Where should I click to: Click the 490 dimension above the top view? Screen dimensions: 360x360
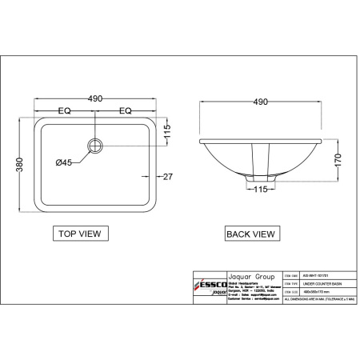click(x=95, y=98)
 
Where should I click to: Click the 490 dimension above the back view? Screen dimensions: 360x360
click(x=259, y=102)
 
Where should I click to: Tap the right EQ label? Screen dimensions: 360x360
click(x=125, y=112)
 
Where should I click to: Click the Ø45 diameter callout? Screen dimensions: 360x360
click(x=63, y=162)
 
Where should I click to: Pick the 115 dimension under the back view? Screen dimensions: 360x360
click(x=259, y=190)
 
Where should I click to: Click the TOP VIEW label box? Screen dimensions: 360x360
click(x=79, y=234)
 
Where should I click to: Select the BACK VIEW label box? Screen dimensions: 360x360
click(x=251, y=234)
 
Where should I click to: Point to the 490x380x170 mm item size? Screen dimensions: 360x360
click(x=307, y=292)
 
